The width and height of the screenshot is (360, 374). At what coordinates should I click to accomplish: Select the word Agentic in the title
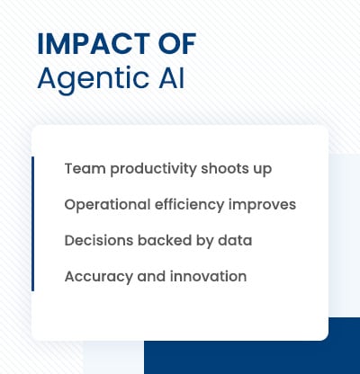point(88,78)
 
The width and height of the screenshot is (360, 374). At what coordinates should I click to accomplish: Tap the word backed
point(163,240)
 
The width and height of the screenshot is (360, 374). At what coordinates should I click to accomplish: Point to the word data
point(234,240)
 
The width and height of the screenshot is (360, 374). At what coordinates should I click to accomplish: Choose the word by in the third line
point(204,241)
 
